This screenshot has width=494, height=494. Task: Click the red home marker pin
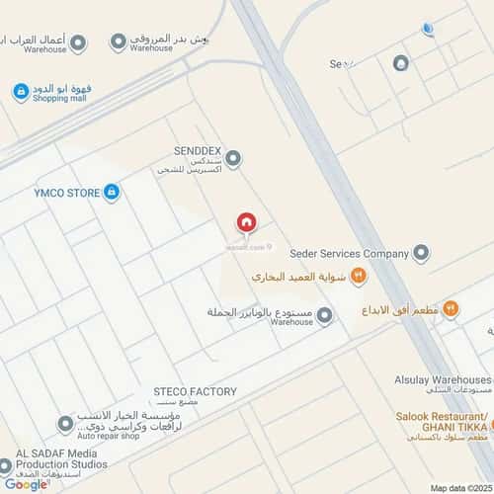[246, 224]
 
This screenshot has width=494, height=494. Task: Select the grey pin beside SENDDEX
[233, 158]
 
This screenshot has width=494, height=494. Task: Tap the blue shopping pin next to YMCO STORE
[112, 192]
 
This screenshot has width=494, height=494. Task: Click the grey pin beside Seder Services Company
[422, 253]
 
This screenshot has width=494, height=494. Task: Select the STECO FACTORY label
[195, 391]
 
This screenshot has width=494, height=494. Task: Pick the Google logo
[26, 483]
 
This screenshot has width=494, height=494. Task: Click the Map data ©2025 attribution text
[458, 487]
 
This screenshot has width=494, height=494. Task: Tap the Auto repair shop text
[115, 436]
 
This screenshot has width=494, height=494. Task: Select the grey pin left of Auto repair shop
[65, 424]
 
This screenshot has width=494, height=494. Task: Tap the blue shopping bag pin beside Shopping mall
[20, 92]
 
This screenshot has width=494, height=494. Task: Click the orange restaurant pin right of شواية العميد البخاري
[359, 277]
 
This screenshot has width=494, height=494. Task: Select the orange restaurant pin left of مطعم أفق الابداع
[451, 309]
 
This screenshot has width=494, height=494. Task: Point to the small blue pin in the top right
[427, 29]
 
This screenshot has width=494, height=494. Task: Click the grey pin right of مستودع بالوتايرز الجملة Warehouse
[324, 315]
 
